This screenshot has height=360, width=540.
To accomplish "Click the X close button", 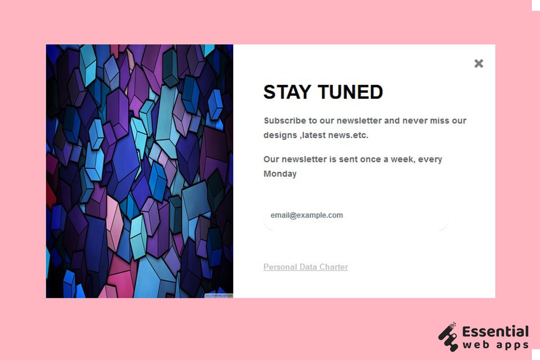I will (x=479, y=63).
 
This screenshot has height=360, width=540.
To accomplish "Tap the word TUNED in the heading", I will (x=351, y=92).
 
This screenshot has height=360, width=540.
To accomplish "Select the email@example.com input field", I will (x=355, y=216).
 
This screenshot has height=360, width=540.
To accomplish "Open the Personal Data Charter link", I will (x=306, y=267).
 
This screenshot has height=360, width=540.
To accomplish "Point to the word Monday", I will (x=280, y=174).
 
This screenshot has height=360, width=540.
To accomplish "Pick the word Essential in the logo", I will (x=495, y=332).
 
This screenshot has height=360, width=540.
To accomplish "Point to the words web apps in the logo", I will (x=495, y=346).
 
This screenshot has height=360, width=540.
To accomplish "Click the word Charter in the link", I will (x=333, y=267).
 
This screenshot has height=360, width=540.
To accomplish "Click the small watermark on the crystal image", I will (x=219, y=295).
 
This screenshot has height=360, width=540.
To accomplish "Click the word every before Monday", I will (x=430, y=159).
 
